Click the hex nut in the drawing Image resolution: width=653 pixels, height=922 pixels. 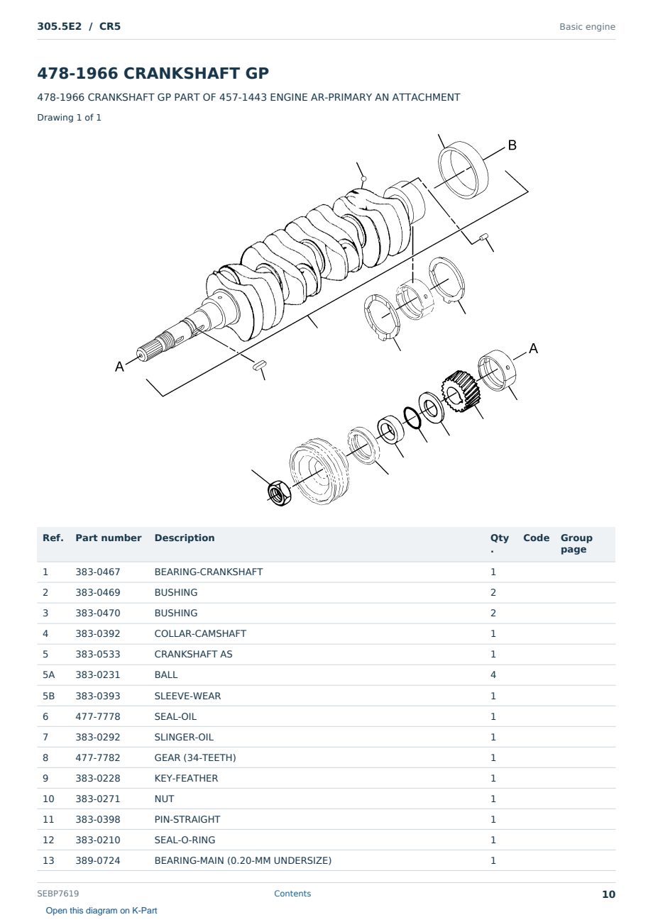tap(279, 493)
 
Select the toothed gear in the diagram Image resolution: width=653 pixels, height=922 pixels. tap(461, 391)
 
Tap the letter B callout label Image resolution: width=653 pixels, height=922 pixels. tap(512, 145)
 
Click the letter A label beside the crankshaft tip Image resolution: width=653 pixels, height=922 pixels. tap(119, 367)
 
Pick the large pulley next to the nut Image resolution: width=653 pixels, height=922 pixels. tap(319, 472)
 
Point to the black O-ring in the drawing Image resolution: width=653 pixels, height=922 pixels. tap(412, 417)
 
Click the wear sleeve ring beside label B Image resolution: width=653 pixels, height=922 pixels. tap(463, 170)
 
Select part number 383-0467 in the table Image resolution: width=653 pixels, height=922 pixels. tap(98, 572)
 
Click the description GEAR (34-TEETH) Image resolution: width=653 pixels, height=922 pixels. tap(195, 757)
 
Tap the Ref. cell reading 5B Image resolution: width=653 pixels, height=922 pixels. tap(48, 696)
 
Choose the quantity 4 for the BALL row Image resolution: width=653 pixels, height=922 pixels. tap(493, 674)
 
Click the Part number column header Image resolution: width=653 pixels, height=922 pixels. tap(109, 538)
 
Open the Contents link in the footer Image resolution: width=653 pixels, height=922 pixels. tap(292, 894)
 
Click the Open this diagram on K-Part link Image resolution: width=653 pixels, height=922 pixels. tap(101, 911)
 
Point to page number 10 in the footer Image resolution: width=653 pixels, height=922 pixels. tap(608, 894)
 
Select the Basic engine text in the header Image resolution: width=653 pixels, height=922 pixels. tap(587, 27)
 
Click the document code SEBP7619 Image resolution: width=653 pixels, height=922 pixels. tap(58, 894)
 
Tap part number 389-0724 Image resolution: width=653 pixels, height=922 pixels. tap(98, 860)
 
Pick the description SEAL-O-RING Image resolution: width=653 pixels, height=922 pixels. tap(185, 840)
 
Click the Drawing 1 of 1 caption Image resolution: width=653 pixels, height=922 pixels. tap(70, 117)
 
